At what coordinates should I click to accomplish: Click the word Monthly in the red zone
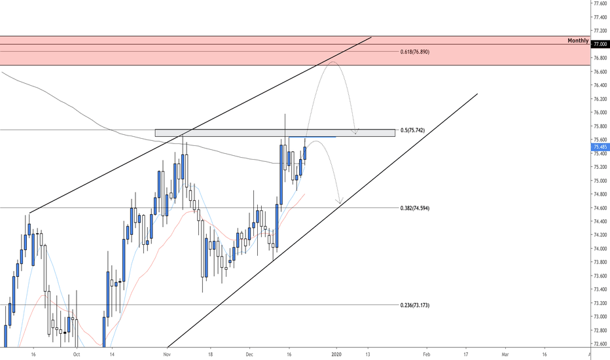(577, 41)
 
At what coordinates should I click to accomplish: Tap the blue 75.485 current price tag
(600, 147)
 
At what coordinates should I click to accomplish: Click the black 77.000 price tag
(600, 44)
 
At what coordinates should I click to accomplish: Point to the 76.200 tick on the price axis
(600, 99)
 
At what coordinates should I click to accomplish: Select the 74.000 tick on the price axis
(600, 249)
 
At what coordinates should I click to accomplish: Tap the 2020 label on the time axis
(336, 354)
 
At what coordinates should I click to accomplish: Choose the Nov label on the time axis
(167, 354)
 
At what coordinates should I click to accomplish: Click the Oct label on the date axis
(76, 354)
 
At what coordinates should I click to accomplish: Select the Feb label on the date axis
(426, 354)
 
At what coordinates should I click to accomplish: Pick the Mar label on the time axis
(505, 354)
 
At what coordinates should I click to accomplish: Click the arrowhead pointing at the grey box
(355, 133)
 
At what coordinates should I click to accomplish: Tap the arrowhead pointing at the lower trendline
(340, 201)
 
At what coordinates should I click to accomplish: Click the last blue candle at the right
(305, 153)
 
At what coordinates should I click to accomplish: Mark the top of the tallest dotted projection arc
(332, 62)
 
